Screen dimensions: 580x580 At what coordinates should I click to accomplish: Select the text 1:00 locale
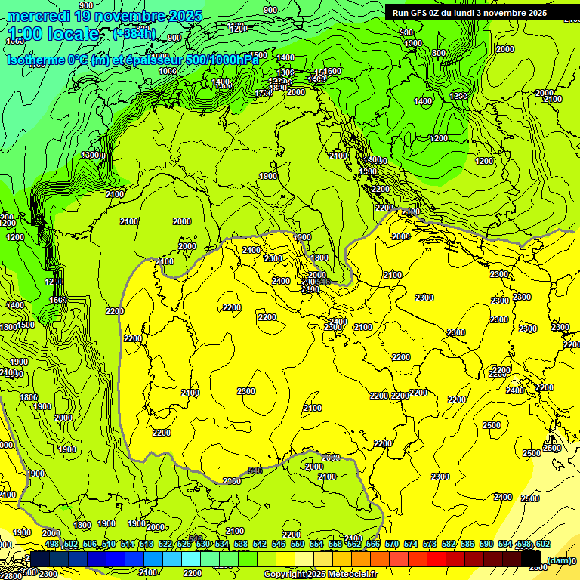[x=54, y=34]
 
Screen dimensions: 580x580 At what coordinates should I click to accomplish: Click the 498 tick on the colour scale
[x=52, y=544]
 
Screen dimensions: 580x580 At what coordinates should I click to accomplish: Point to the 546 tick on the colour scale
[x=279, y=544]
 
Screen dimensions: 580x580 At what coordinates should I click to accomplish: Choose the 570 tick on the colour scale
[x=392, y=544]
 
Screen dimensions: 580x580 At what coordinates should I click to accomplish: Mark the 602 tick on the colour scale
[x=542, y=544]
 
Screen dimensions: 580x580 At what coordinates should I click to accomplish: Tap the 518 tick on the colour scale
[x=147, y=544]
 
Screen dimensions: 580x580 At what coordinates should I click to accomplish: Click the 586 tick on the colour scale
[x=467, y=544]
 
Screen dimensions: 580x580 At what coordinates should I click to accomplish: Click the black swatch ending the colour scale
[x=531, y=559]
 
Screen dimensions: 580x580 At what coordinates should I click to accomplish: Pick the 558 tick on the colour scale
[x=335, y=544]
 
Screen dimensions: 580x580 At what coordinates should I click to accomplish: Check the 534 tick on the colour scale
[x=222, y=544]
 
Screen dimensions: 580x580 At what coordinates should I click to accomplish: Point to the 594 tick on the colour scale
[x=505, y=544]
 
